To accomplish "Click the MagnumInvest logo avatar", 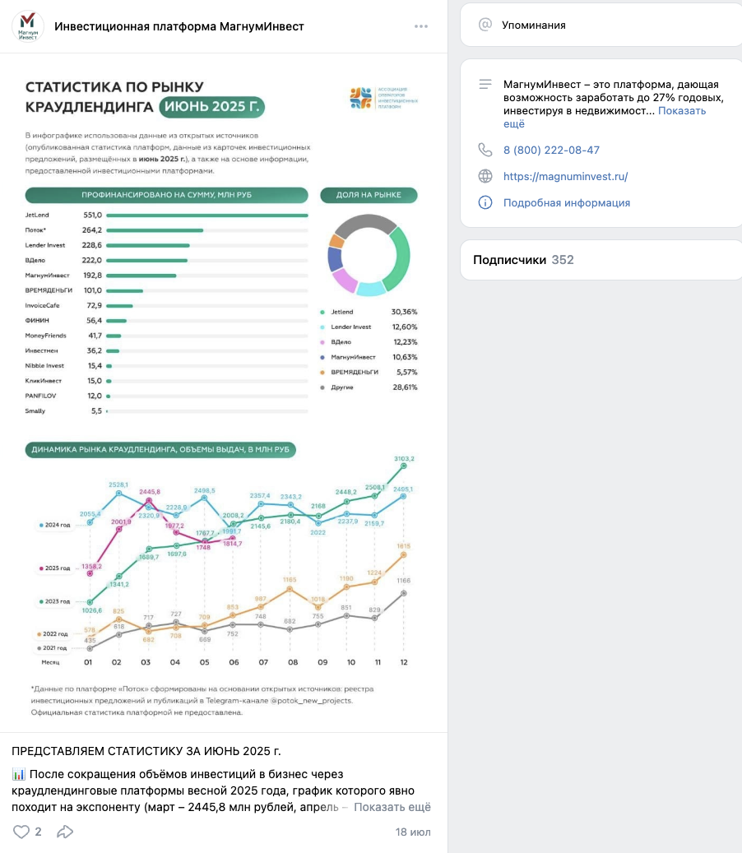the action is pos(28,26).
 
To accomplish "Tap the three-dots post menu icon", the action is pos(421,26).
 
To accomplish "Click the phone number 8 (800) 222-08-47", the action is pos(551,150).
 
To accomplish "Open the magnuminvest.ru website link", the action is pos(565,176).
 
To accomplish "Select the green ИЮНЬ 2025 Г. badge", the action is pos(212,107).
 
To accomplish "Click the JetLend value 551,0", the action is pos(92,216).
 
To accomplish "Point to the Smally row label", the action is pos(35,410).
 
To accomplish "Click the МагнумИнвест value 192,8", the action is pos(92,276).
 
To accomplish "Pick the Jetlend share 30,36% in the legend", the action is pos(405,313).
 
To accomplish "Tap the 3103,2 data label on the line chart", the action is pos(404,458).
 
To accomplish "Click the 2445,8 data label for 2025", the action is pos(149,491).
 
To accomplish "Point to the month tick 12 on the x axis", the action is pos(403,662).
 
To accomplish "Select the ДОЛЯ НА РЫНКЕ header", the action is pos(369,195).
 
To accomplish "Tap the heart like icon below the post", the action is pos(21,832).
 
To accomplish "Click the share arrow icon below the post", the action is pos(65,832).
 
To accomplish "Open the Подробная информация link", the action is pos(567,202).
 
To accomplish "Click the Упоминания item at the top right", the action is pos(534,25).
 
